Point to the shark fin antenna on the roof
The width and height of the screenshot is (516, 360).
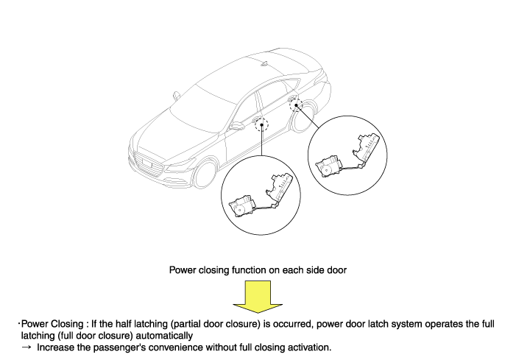click(x=265, y=63)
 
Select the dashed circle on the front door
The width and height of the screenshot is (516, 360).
click(x=261, y=124)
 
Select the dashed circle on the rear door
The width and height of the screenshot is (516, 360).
click(x=296, y=105)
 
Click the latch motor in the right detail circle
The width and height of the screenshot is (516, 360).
click(x=328, y=166)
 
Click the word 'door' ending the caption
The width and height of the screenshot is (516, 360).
click(x=336, y=270)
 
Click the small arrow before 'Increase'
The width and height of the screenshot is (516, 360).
click(x=26, y=347)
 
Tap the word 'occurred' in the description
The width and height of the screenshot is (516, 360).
click(x=292, y=324)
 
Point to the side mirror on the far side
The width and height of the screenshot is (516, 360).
click(x=176, y=96)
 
